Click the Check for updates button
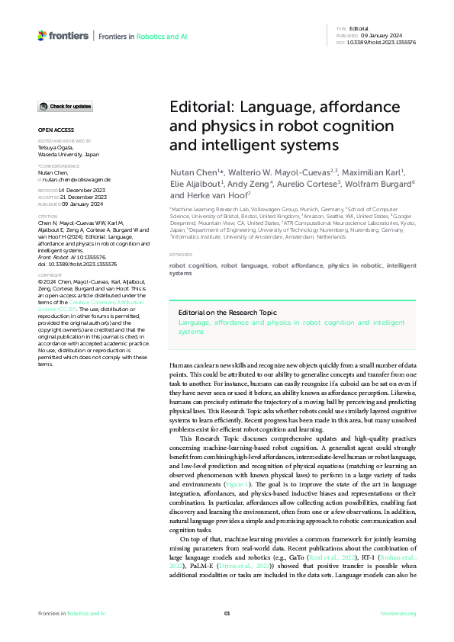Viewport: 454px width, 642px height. click(66, 106)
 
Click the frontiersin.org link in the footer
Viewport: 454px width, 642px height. click(398, 613)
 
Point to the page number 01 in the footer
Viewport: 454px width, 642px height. click(227, 613)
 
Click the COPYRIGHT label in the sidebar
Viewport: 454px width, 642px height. click(50, 274)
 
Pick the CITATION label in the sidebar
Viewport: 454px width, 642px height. click(48, 217)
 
